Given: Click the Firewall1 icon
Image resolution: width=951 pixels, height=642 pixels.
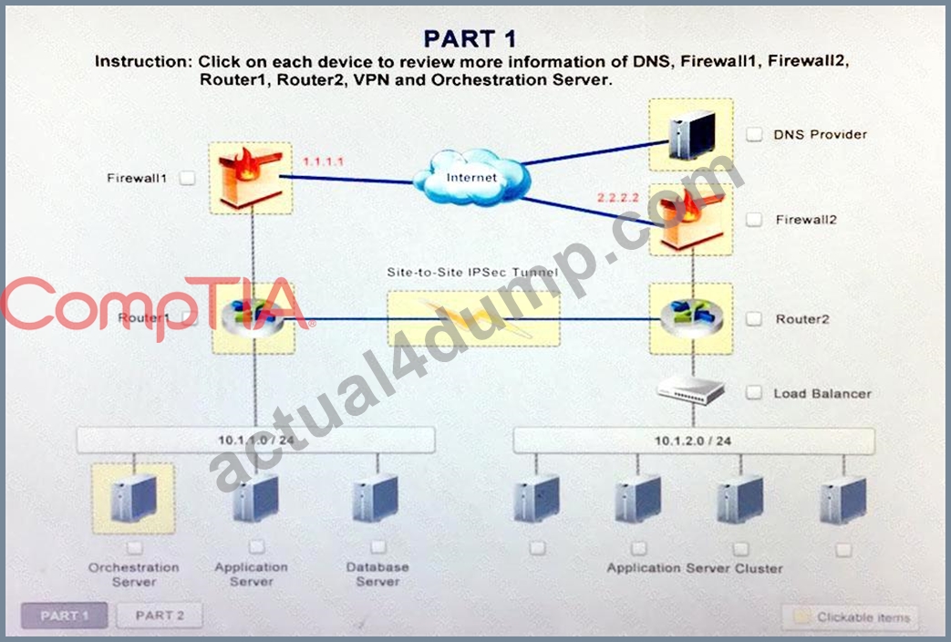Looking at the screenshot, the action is (x=251, y=178).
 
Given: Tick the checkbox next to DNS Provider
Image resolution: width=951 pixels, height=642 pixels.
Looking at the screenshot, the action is (x=754, y=134).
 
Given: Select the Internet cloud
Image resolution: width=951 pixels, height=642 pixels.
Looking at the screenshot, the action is (x=471, y=177).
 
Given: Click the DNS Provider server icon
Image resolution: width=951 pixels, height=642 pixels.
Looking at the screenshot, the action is (x=691, y=135).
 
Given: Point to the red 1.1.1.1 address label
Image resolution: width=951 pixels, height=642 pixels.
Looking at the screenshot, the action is (x=324, y=161).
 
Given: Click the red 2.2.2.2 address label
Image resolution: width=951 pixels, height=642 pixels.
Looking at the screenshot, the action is (x=618, y=198).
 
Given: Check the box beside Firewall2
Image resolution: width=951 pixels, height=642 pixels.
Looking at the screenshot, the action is (x=754, y=219).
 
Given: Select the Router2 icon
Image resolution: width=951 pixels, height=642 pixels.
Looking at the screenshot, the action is (x=691, y=318).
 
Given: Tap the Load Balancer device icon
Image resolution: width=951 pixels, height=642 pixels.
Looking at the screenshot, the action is (x=691, y=391).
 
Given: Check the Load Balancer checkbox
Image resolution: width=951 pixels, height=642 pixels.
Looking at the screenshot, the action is (x=754, y=393).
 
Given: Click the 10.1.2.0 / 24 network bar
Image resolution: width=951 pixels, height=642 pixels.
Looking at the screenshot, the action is (x=694, y=441).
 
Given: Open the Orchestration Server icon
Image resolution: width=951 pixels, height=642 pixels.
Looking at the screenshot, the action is (x=133, y=498).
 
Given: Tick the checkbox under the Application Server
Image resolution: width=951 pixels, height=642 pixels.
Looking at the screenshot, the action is (x=257, y=547).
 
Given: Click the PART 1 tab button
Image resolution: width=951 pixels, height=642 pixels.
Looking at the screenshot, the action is (x=65, y=616).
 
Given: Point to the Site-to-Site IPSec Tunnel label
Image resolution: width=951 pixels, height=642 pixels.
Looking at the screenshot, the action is (x=472, y=273).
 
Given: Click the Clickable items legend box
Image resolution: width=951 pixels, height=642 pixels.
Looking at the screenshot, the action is (x=851, y=617).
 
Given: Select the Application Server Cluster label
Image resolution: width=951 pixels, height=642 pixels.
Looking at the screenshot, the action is (x=695, y=568).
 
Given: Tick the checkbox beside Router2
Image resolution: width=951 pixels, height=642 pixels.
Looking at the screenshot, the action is (x=754, y=318).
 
